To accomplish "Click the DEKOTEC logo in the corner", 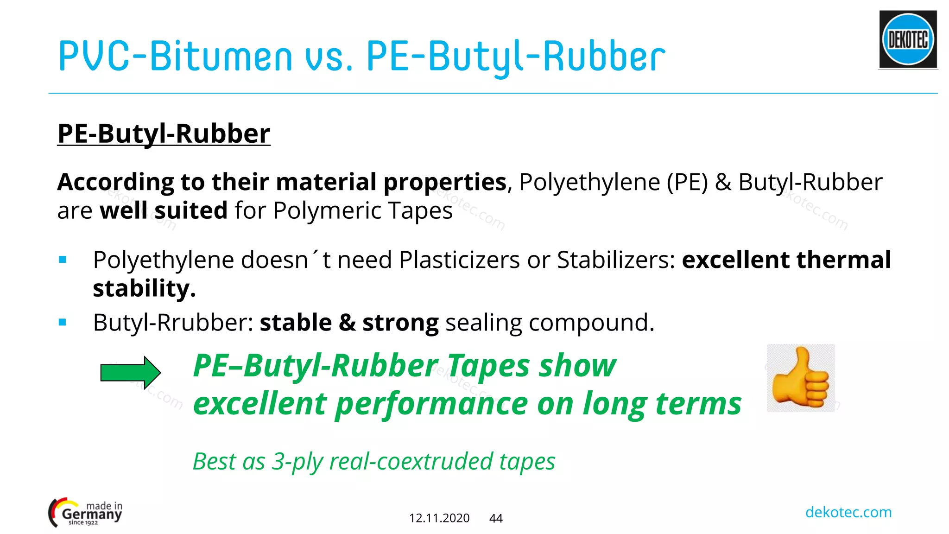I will (x=908, y=39).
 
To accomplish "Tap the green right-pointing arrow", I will (x=130, y=372).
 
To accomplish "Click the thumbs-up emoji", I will (x=800, y=378).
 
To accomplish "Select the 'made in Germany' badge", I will (x=86, y=513).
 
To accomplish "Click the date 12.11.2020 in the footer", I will (x=439, y=518).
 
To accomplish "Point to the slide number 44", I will (x=496, y=518).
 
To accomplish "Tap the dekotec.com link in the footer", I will (x=848, y=512).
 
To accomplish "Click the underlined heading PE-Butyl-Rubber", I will (x=164, y=133).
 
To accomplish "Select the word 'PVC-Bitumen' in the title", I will (x=175, y=57).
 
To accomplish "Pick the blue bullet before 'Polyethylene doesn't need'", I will (x=63, y=260).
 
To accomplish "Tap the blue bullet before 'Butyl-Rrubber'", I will (x=63, y=322).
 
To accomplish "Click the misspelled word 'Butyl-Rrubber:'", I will (x=173, y=323).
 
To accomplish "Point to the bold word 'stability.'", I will (x=144, y=288).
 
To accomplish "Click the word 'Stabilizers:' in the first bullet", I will (x=616, y=260).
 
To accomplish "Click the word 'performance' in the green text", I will (x=431, y=403).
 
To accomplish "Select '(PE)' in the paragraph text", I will (x=687, y=182).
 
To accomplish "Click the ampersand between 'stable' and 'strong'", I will (x=347, y=323).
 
